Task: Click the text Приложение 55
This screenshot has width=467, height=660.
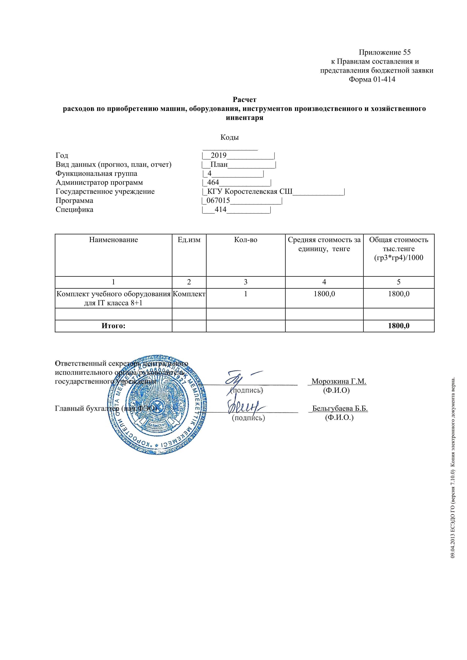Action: [385, 52]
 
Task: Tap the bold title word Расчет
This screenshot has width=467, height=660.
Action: [245, 100]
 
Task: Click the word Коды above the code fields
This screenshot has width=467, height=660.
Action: [229, 137]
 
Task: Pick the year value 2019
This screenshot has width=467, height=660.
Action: [219, 156]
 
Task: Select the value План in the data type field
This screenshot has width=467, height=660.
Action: [219, 165]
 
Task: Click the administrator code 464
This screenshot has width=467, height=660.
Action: [213, 182]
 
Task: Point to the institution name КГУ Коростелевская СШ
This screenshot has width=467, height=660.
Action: [250, 192]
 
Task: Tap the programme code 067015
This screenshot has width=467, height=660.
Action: [218, 201]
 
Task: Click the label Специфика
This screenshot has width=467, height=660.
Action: [75, 210]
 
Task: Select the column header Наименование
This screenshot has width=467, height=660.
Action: [113, 240]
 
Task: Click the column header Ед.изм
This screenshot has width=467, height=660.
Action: [189, 240]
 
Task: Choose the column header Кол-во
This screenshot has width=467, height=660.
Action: [246, 240]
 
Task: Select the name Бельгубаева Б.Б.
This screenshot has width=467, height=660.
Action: [340, 408]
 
